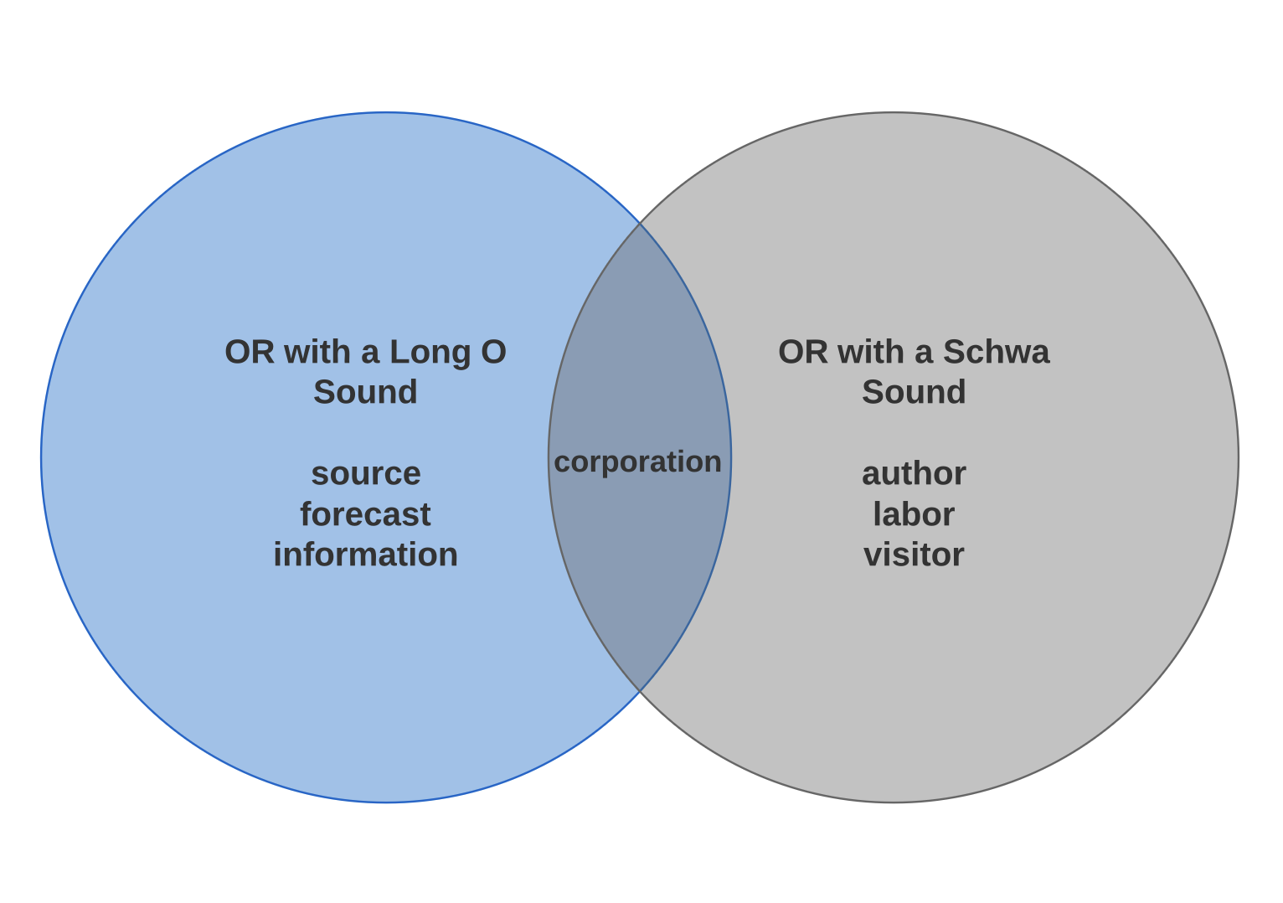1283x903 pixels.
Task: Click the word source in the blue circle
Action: tap(365, 474)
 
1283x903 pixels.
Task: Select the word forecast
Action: tap(365, 514)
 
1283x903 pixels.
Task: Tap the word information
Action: tap(365, 555)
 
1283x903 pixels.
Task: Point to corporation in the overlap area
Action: tap(637, 462)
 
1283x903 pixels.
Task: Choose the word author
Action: tap(914, 474)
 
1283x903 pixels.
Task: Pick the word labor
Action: tap(914, 514)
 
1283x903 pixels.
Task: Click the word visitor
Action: tap(914, 555)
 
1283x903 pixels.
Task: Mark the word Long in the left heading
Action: tap(430, 353)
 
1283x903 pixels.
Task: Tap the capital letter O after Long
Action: tap(493, 352)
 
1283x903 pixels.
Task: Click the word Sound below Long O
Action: tap(365, 392)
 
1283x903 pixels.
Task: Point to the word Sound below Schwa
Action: tap(914, 392)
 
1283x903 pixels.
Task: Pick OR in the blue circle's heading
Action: tap(250, 352)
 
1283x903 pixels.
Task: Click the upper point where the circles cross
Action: tap(640, 223)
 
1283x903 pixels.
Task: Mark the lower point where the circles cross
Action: tap(640, 691)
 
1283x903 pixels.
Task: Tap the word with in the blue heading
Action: tap(318, 352)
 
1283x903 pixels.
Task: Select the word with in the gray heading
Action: tap(872, 352)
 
